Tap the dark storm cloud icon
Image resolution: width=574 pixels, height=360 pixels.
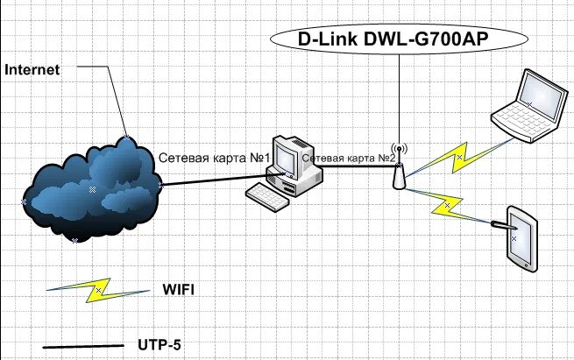click(x=92, y=188)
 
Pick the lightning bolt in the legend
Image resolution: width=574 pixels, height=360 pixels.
click(x=98, y=290)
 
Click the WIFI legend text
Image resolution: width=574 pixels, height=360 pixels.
click(x=178, y=289)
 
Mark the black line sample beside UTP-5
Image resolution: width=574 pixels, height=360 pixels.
click(x=83, y=347)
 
